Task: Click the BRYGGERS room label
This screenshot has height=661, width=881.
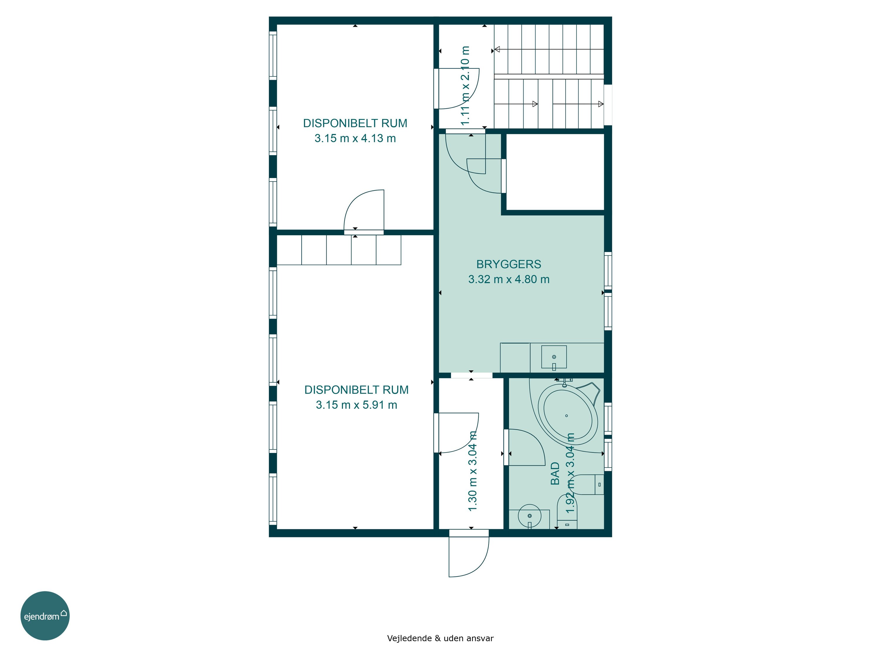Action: (x=509, y=264)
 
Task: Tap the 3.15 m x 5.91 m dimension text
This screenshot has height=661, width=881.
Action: (x=357, y=405)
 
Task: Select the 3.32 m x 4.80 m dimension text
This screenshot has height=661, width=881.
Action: (x=509, y=279)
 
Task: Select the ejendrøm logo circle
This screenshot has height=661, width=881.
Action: (x=45, y=615)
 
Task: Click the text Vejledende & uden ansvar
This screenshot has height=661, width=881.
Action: (x=441, y=638)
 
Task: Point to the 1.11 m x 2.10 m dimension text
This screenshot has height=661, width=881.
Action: (x=465, y=86)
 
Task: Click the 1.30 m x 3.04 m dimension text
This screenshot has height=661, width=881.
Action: (x=473, y=471)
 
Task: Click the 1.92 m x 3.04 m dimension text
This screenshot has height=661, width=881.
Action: (x=571, y=473)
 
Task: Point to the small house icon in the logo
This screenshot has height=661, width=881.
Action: (x=64, y=613)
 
